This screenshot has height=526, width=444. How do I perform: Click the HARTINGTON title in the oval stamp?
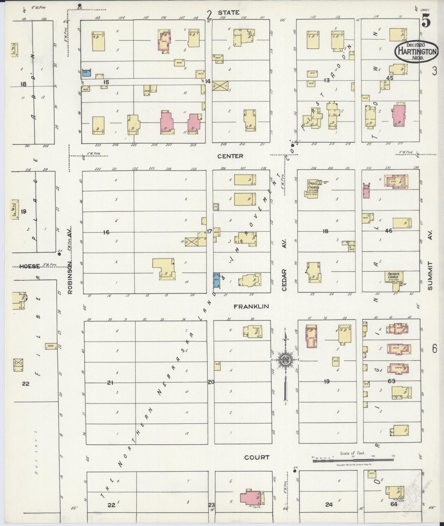[x=416, y=52]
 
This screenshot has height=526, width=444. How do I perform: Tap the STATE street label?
[x=228, y=13]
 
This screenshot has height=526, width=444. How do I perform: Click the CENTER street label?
[x=230, y=156]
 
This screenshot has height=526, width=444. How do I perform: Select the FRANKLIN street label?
[x=251, y=306]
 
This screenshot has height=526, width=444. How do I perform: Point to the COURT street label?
[x=257, y=457]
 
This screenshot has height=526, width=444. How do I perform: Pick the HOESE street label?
[x=30, y=266]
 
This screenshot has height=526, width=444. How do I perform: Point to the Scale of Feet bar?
[x=353, y=459]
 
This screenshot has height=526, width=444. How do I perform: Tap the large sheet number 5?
[x=426, y=21]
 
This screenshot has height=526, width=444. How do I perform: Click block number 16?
[x=106, y=232]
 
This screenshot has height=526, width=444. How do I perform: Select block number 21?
[x=111, y=382]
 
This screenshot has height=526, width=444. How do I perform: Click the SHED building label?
[x=50, y=346]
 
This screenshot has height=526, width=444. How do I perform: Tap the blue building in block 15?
[x=87, y=73]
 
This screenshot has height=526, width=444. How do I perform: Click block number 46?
[x=389, y=230]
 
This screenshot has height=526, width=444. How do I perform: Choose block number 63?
[x=391, y=381]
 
